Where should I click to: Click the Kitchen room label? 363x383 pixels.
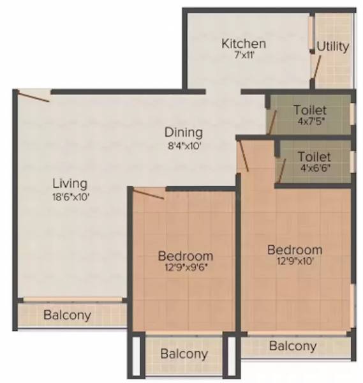[243, 43]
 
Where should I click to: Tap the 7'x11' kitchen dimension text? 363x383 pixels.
[243, 56]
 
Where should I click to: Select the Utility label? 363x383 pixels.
[333, 47]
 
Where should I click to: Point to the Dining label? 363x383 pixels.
[184, 132]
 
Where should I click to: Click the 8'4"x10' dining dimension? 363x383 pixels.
[184, 146]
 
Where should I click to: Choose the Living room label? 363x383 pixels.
[70, 184]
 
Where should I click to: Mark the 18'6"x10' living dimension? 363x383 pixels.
[70, 197]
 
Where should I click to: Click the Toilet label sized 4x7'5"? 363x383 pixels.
[309, 110]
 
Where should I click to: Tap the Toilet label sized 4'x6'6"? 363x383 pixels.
[314, 156]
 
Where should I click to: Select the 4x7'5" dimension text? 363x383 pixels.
[309, 122]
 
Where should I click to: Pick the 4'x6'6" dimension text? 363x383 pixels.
[314, 169]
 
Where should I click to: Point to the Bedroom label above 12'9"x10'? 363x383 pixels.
[294, 249]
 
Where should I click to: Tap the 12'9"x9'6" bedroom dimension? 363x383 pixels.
[185, 267]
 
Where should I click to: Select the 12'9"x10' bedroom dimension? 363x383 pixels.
[294, 260]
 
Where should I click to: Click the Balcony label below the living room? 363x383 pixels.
[67, 315]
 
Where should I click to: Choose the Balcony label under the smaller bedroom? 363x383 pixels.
[184, 354]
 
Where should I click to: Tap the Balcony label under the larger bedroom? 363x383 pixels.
[293, 346]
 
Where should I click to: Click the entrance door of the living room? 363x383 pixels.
[33, 96]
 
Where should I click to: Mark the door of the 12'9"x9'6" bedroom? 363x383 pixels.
[148, 193]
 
